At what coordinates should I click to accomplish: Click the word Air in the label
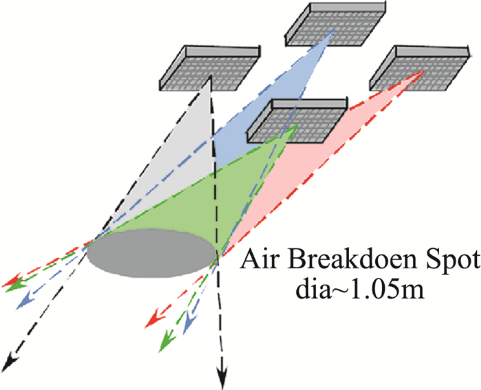coord(254,261)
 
